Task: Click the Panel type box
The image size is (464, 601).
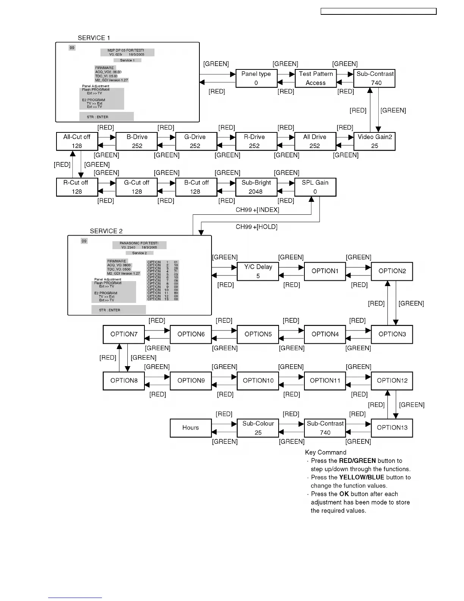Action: (256, 79)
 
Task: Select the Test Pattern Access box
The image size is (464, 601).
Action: (316, 79)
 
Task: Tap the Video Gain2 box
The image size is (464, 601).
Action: (375, 141)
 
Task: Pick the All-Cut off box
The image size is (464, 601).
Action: (77, 141)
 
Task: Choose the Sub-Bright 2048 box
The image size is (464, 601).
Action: (256, 187)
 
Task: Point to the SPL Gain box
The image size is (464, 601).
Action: (315, 187)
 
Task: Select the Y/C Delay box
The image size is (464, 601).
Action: (258, 271)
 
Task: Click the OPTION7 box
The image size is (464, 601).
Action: (124, 334)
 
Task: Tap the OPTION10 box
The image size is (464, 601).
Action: (258, 381)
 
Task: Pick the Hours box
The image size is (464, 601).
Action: (190, 428)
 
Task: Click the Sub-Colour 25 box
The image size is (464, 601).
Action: (258, 428)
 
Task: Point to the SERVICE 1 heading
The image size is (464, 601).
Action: (94, 38)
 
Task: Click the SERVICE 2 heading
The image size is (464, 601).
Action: (106, 231)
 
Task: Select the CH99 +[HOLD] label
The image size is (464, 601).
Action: (257, 227)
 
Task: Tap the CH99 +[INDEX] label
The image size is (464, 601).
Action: (257, 210)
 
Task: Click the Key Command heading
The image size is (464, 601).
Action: (326, 452)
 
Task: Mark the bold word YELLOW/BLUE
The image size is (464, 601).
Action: (362, 477)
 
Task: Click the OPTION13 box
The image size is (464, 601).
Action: (392, 428)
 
